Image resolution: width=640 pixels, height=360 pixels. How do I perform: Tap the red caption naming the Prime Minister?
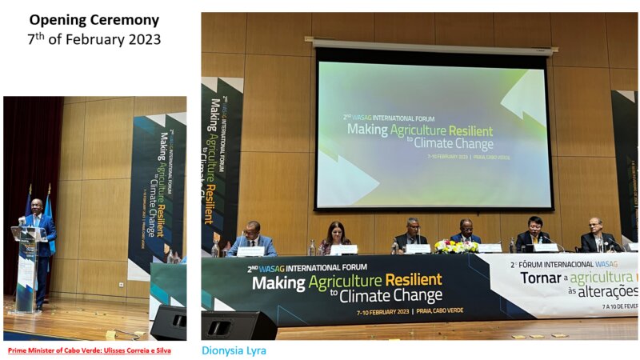click(x=89, y=350)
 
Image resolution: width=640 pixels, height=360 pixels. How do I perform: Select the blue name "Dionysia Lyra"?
click(x=234, y=350)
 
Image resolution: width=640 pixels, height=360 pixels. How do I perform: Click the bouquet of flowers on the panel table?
click(x=455, y=246)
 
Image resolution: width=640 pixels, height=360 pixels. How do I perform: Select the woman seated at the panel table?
click(x=335, y=238)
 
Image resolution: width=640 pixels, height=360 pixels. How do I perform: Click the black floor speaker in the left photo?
click(x=170, y=322)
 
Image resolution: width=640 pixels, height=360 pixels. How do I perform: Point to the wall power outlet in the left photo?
click(x=121, y=284)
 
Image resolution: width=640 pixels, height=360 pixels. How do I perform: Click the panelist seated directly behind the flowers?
click(x=466, y=233)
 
